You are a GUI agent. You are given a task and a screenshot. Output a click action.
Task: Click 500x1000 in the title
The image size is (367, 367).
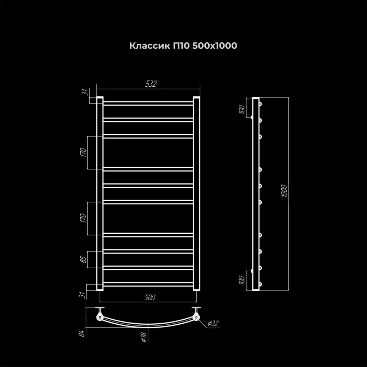point(215,46)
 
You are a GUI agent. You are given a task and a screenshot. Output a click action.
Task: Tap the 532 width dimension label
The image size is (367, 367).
point(151,84)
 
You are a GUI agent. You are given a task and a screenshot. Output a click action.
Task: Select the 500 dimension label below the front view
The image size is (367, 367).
point(150,297)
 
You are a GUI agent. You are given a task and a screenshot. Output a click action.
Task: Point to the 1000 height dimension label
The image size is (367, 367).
point(284,191)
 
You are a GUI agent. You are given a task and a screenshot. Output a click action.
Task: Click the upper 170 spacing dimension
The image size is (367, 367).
point(83,152)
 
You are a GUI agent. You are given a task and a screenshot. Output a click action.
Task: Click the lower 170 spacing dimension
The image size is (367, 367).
point(83,218)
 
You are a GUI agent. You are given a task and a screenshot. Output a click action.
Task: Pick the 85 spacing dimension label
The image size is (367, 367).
point(84,259)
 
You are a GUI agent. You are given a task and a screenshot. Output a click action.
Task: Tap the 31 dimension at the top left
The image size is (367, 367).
point(86,92)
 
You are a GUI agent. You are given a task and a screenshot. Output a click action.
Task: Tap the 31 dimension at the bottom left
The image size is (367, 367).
point(82,295)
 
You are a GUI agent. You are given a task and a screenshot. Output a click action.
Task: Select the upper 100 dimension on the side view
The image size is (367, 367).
point(242,109)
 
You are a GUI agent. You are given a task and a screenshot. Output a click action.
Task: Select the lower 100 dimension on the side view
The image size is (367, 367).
point(242,280)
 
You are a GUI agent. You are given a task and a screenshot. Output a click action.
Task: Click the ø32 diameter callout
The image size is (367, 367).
point(213,324)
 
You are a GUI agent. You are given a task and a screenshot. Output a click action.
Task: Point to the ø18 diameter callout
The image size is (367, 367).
point(144,337)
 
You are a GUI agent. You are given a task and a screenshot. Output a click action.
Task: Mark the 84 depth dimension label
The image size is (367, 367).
point(81,334)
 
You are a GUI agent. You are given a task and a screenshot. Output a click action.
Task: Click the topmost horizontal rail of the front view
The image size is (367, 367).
point(148,103)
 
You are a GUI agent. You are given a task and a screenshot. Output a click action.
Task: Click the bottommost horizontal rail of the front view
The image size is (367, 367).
point(148,284)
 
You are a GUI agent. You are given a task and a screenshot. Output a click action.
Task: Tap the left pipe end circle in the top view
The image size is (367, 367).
point(100,318)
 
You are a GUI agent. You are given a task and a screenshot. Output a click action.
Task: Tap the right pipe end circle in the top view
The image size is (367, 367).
point(196,318)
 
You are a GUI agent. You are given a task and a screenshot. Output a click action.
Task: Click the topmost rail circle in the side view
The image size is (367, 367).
point(260,104)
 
